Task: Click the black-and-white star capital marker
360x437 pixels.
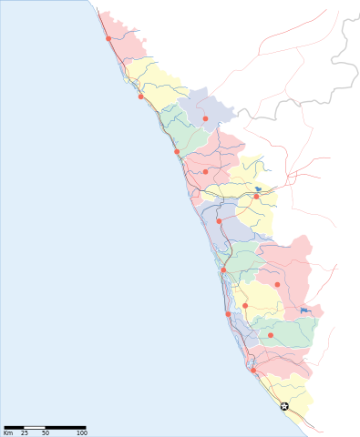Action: (284, 406)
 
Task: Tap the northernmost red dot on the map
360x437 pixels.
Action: (108, 39)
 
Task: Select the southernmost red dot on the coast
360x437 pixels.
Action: (253, 370)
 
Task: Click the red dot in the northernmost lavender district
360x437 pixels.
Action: (206, 118)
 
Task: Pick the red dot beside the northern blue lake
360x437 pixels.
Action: (256, 196)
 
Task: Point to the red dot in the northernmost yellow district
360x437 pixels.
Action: (141, 97)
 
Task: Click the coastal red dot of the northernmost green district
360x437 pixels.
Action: (177, 151)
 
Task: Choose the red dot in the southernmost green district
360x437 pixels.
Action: (271, 335)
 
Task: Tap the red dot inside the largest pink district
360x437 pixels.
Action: (278, 285)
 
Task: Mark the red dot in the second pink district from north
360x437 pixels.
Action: (206, 171)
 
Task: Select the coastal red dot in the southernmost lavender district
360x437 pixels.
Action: (228, 314)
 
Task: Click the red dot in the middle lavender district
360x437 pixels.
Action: (219, 221)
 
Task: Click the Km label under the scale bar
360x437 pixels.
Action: (8, 432)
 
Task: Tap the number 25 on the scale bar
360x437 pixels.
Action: (25, 432)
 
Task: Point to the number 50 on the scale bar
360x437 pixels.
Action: (46, 432)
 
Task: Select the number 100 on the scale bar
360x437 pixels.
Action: (82, 432)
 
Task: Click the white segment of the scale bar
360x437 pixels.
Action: (35, 426)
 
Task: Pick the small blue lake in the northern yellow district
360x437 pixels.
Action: (258, 189)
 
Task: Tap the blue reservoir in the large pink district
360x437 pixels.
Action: (304, 311)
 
